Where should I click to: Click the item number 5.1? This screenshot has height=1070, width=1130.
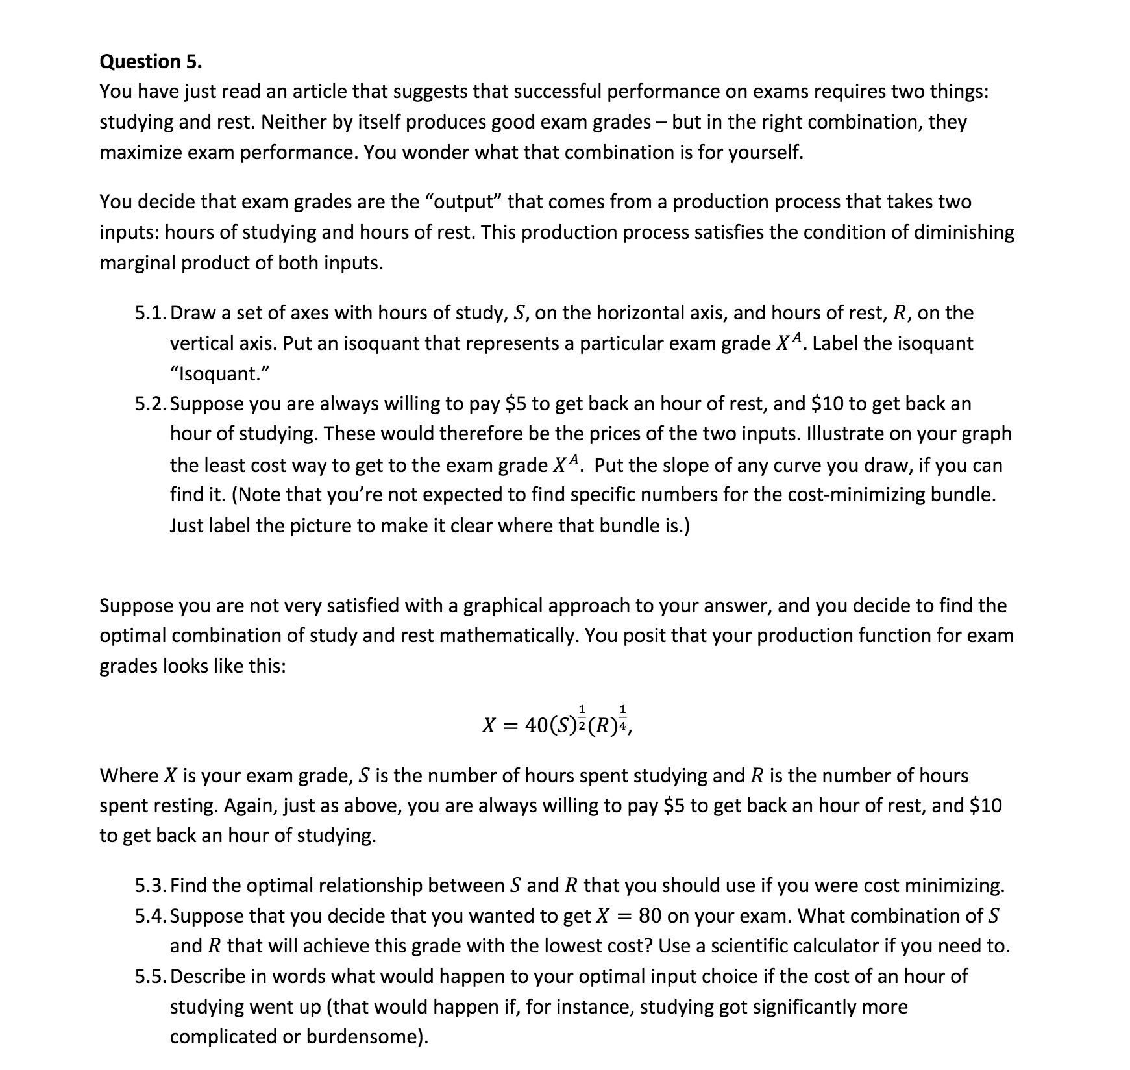pos(151,313)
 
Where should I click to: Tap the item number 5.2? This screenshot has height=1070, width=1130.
pos(151,404)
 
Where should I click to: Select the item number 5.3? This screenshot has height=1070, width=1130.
pos(151,886)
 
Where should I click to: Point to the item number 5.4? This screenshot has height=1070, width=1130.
pos(151,916)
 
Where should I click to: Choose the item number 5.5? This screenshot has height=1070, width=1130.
pos(151,977)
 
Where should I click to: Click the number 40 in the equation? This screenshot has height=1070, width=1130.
pos(536,725)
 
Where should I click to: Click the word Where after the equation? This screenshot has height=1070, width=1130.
pos(129,776)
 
